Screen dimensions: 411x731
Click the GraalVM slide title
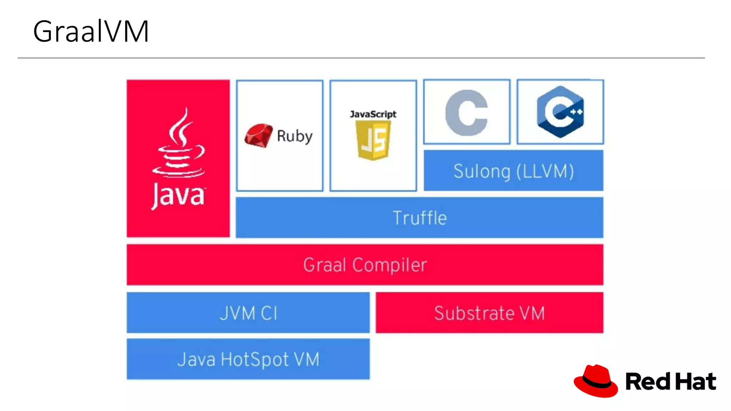point(91,31)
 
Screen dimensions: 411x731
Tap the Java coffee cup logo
point(180,144)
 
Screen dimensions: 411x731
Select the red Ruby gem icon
point(258,136)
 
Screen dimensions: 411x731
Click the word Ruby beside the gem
point(294,136)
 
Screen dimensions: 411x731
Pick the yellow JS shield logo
point(373,140)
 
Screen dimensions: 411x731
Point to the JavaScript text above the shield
point(373,114)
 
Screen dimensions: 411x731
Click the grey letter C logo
point(467,113)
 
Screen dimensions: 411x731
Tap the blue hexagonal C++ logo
point(560,112)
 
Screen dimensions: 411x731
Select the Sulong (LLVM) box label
point(514,171)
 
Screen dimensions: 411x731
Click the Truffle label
point(420,218)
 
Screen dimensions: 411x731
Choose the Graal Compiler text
point(365,265)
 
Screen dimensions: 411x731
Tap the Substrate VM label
point(489,313)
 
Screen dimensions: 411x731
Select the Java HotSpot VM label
point(248,359)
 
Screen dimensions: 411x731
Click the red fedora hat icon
point(596,381)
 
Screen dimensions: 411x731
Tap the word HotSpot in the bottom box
point(254,359)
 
